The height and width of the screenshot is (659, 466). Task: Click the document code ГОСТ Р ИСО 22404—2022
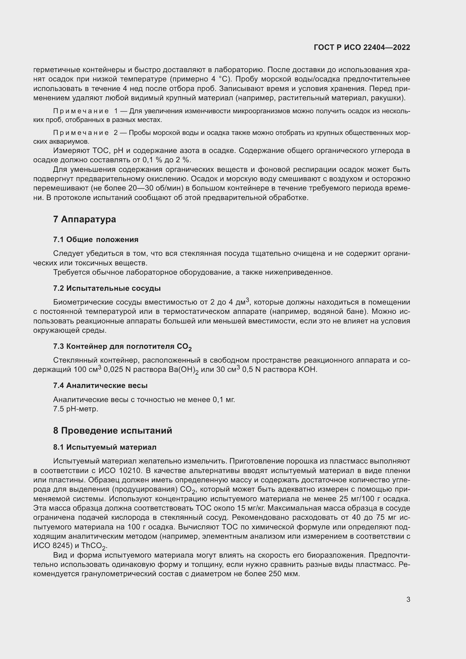point(362,47)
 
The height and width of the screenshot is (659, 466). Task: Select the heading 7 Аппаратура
point(84,219)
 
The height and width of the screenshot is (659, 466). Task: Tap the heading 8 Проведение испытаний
point(112,431)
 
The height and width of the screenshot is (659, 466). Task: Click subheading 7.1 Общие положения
point(96,239)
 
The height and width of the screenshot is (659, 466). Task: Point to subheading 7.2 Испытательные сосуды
point(107,288)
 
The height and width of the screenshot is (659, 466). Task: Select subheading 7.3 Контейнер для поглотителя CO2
point(122,347)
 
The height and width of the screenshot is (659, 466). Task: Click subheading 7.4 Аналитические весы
point(100,385)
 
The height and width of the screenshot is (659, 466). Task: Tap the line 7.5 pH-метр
point(76,409)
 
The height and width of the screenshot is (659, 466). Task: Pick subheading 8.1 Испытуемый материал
point(105,447)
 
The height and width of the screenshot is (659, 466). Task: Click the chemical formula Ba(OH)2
point(183,370)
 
